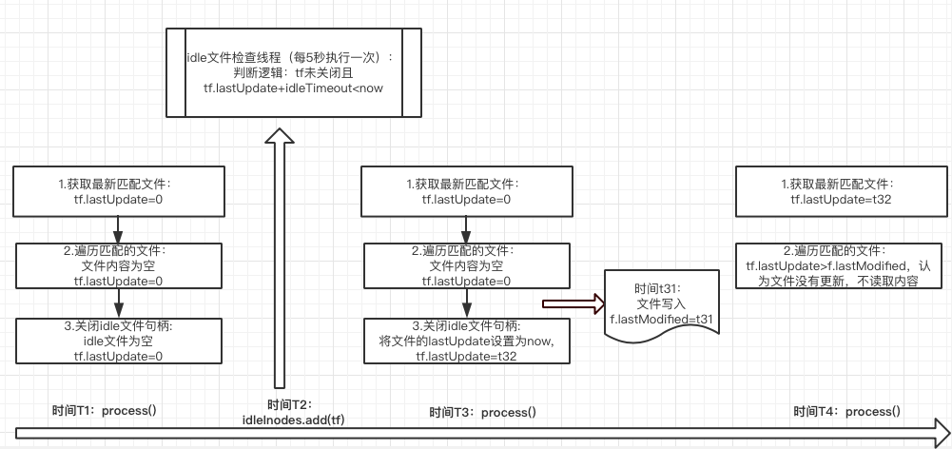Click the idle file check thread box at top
292,72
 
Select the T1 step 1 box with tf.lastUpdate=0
119,190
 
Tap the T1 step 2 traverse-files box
119,265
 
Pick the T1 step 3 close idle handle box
119,341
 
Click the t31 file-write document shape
660,303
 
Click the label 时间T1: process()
104,410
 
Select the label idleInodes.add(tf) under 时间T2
290,420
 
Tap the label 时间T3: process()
482,412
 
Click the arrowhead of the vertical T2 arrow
277,138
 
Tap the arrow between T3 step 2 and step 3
466,303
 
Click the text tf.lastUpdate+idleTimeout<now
292,88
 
